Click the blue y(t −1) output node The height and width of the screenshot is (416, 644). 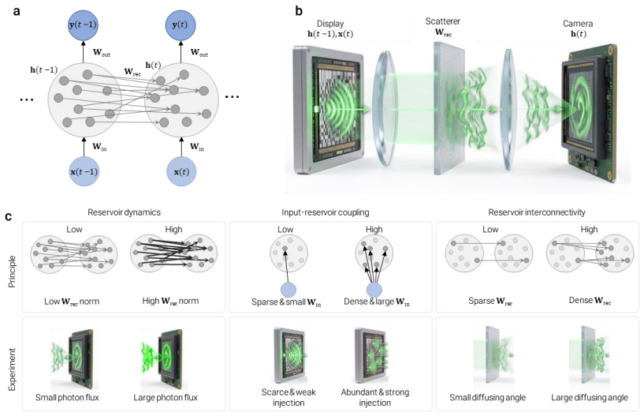tap(83, 25)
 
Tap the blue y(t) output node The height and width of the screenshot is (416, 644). tap(181, 25)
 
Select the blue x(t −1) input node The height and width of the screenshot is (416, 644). tap(84, 171)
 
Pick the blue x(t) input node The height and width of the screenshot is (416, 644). tap(181, 171)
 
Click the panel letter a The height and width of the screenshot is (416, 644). tap(17, 11)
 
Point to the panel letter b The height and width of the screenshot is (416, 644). tap(299, 11)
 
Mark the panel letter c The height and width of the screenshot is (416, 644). tap(9, 216)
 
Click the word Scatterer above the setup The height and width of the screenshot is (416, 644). tap(443, 21)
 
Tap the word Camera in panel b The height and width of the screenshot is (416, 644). tap(578, 24)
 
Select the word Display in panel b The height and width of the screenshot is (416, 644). tap(330, 24)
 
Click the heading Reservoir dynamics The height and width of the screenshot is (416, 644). tap(124, 212)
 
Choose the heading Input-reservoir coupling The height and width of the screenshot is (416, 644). tap(326, 212)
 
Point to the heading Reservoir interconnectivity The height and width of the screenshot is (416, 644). tap(537, 212)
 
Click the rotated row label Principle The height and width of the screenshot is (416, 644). tap(12, 272)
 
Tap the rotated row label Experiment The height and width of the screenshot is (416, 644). tap(12, 369)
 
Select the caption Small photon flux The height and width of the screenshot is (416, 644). tap(67, 398)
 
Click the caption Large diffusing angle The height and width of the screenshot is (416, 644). tap(590, 398)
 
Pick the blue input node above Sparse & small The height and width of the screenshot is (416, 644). tap(288, 290)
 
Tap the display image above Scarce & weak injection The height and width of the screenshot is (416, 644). tap(289, 355)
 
